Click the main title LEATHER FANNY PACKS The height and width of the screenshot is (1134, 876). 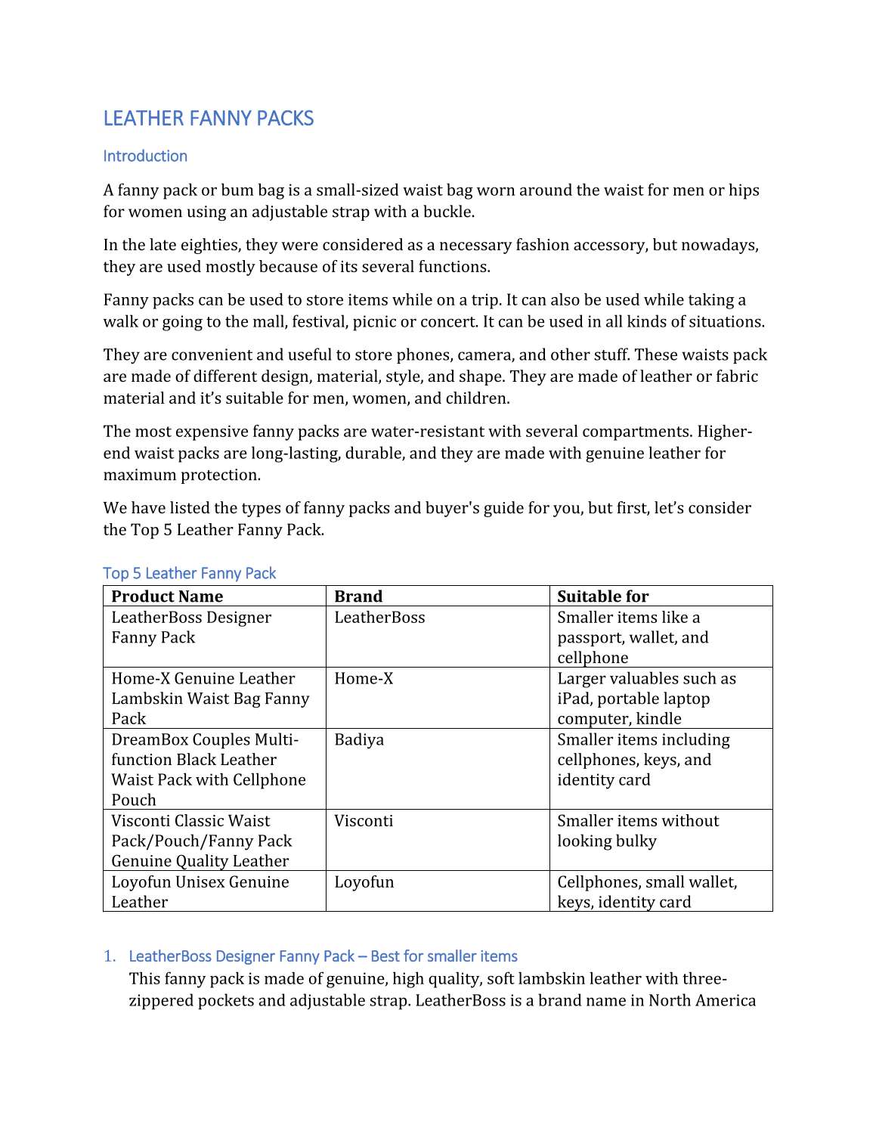tap(208, 119)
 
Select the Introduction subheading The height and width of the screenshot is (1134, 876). tap(145, 156)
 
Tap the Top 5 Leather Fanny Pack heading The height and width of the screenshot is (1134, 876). tap(189, 574)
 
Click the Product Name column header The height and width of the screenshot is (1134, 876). tap(167, 596)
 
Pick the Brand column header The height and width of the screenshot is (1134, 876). tap(358, 596)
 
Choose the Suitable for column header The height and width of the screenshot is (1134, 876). tap(602, 596)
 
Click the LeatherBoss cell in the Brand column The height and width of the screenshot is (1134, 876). tap(379, 618)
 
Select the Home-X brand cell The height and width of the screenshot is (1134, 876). tap(364, 679)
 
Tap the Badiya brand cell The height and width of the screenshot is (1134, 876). tap(359, 740)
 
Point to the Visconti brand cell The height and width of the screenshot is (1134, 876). tap(364, 821)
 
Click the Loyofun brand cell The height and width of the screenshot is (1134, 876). tap(364, 882)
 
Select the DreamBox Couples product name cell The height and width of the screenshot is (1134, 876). tap(208, 770)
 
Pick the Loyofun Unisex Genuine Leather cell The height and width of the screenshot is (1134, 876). tap(200, 892)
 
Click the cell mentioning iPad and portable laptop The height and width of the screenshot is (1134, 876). tap(646, 699)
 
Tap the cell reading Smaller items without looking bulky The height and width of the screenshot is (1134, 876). tap(638, 831)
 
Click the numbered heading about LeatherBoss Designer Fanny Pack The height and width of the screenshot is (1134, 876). tap(323, 956)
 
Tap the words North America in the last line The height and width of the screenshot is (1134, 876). tap(702, 1001)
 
